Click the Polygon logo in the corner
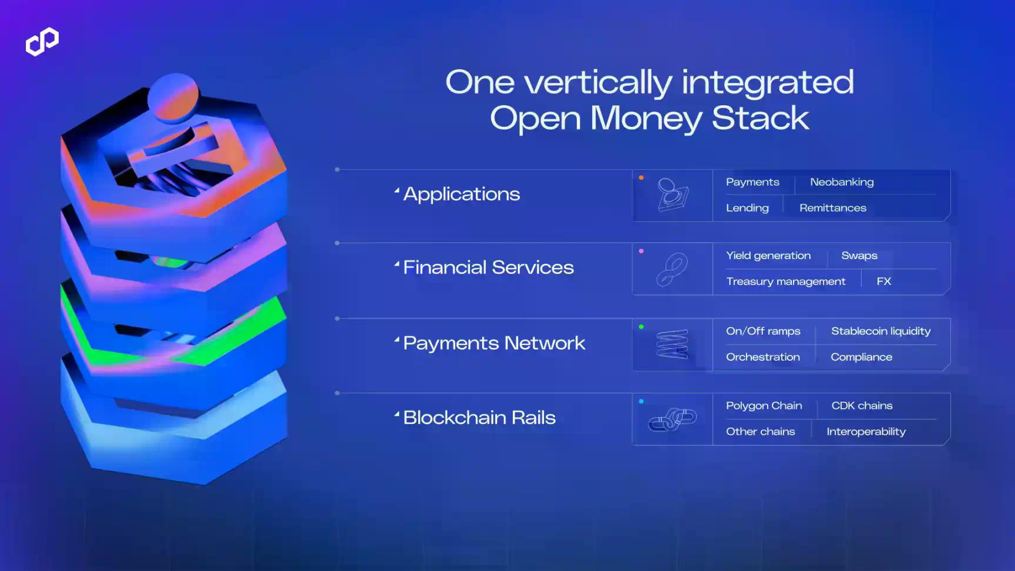(x=42, y=42)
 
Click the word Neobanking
(x=842, y=182)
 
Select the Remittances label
(x=832, y=208)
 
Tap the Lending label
(x=747, y=208)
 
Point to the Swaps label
(x=859, y=256)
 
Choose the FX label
(x=884, y=281)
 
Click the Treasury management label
(x=786, y=281)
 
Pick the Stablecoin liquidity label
(x=880, y=331)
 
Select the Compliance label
(x=861, y=357)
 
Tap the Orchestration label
(x=763, y=357)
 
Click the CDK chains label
(x=862, y=406)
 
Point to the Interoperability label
(x=866, y=432)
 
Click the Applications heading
(x=461, y=194)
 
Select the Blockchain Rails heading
(x=479, y=418)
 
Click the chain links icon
(x=673, y=419)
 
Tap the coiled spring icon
(x=672, y=344)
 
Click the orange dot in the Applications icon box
(x=641, y=177)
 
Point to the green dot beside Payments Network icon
(x=641, y=327)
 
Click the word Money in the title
(x=646, y=119)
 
